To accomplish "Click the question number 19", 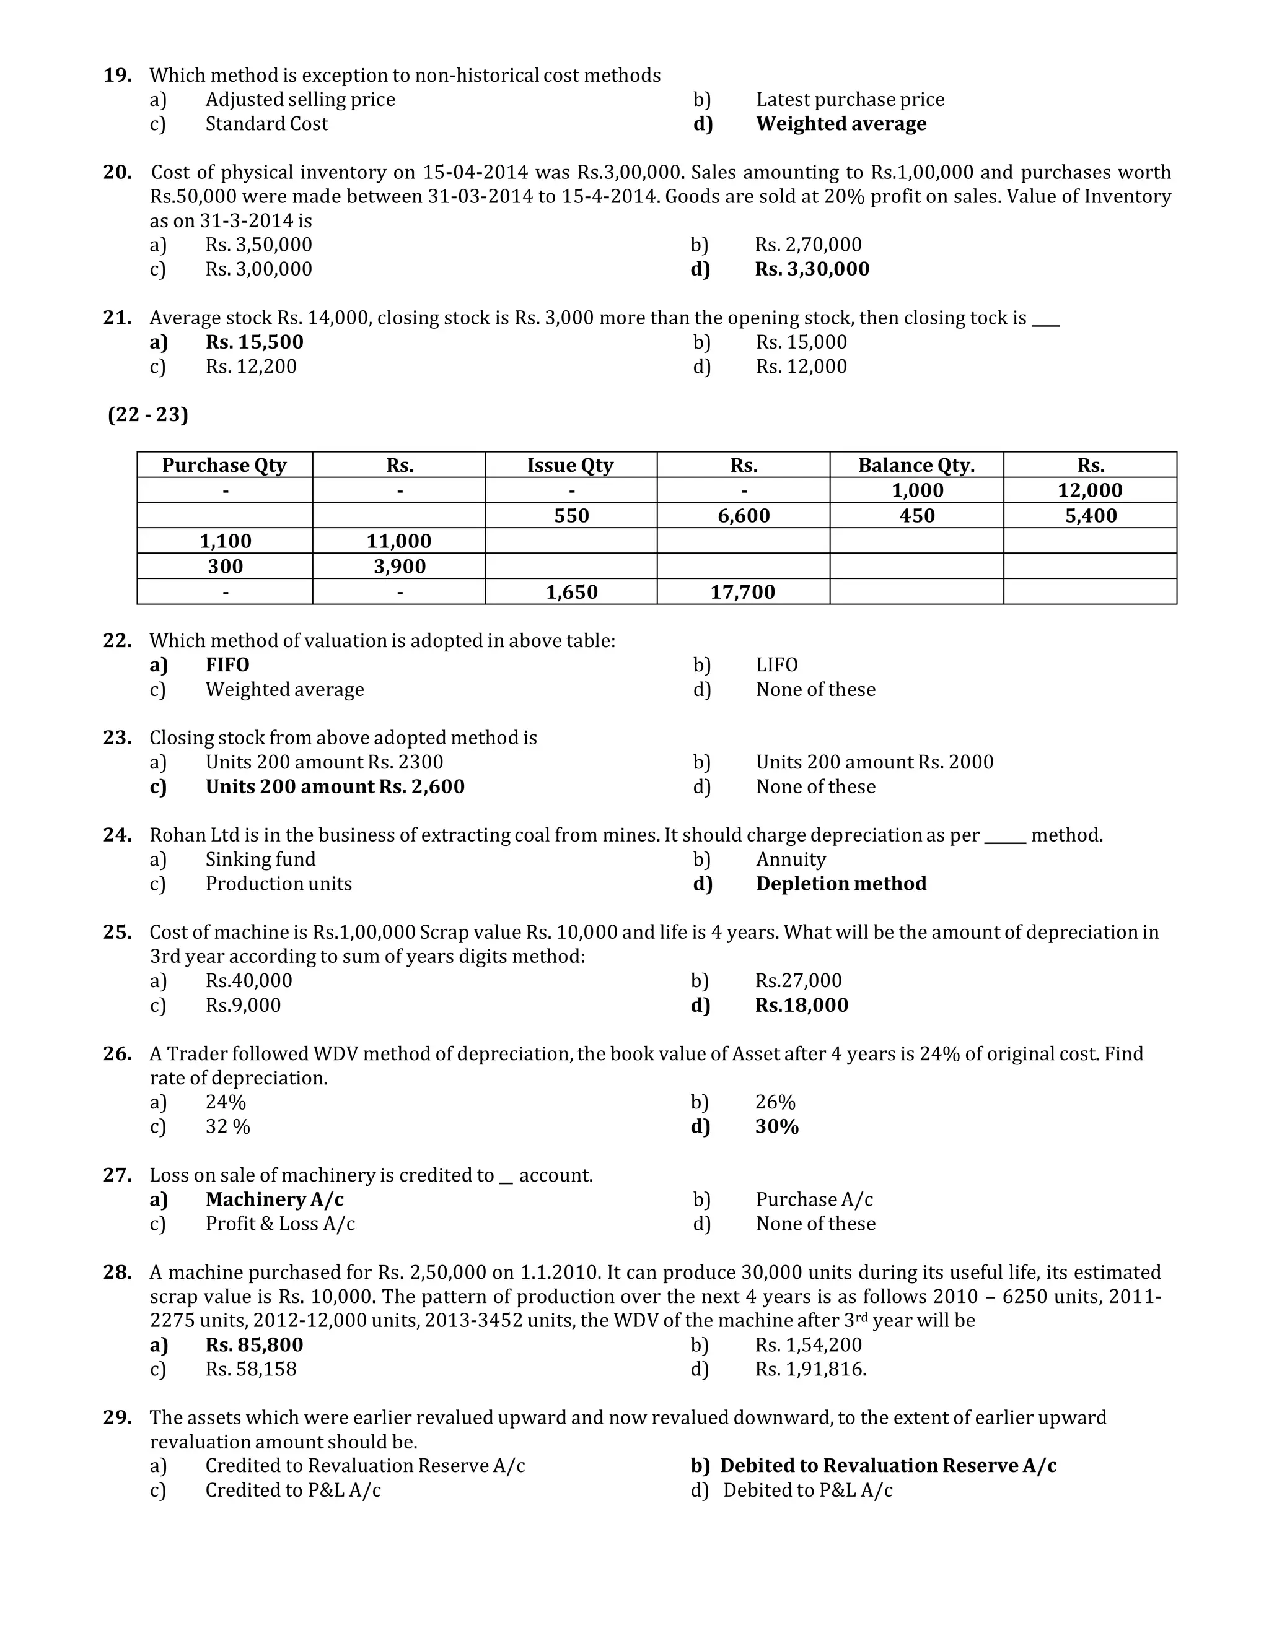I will click(118, 76).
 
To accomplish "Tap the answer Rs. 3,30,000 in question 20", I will click(811, 269).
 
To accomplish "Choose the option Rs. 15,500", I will click(254, 342).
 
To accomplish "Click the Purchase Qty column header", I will click(224, 465).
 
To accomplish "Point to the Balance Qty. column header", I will click(916, 465).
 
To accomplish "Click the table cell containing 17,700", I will click(743, 592).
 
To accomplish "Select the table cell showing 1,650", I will click(571, 592).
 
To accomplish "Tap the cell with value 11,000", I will click(398, 541).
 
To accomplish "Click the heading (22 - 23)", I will click(148, 415).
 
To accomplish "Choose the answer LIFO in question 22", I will click(776, 665).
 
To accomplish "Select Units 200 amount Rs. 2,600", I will click(335, 786).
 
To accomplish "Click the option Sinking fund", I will click(260, 860).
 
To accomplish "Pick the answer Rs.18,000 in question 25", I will click(801, 1005).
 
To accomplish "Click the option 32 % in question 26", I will click(228, 1127).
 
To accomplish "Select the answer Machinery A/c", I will click(274, 1200).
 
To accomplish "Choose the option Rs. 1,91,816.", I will click(810, 1369).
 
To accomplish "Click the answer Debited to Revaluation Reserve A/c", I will click(887, 1466).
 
